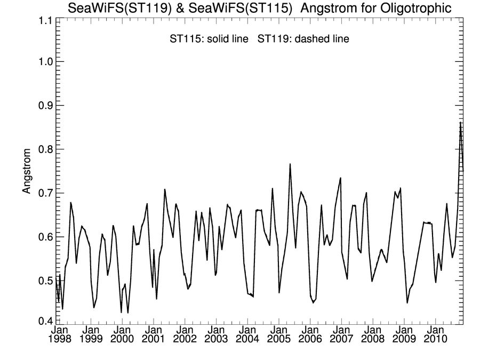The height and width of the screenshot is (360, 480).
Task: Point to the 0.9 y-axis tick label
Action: [43, 105]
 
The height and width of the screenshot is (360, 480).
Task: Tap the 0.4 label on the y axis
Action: [43, 321]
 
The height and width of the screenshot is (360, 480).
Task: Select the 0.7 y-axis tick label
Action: [43, 193]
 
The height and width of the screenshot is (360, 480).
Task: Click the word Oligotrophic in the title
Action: [418, 8]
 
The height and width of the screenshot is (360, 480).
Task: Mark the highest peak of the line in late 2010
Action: [460, 123]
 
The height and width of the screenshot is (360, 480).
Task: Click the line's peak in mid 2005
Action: [290, 164]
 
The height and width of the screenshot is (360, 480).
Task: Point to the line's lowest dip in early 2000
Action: [128, 313]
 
